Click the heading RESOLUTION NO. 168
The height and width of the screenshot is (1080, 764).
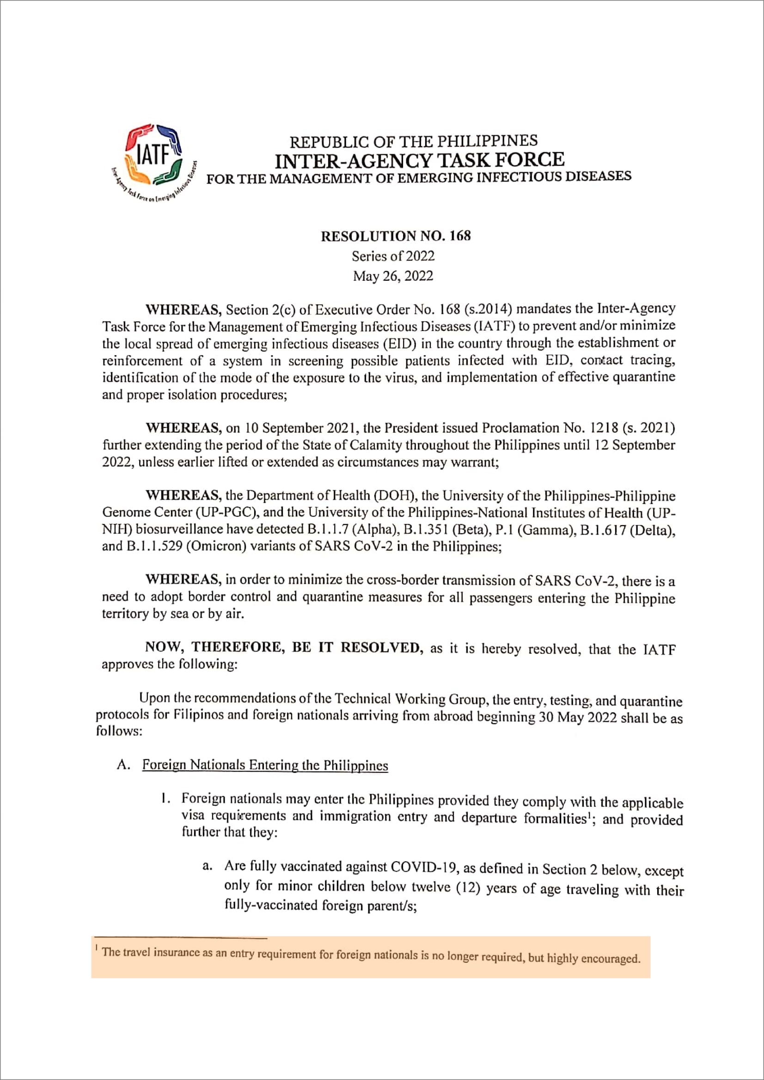[396, 236]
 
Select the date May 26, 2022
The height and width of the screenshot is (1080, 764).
[393, 276]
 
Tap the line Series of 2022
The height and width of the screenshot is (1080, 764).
[393, 256]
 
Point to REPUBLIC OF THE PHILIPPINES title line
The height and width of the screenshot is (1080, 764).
[413, 141]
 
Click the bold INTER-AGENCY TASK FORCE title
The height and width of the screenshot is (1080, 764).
[419, 160]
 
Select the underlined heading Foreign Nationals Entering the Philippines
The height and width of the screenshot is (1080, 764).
[265, 765]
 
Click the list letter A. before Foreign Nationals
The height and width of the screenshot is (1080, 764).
[123, 765]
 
